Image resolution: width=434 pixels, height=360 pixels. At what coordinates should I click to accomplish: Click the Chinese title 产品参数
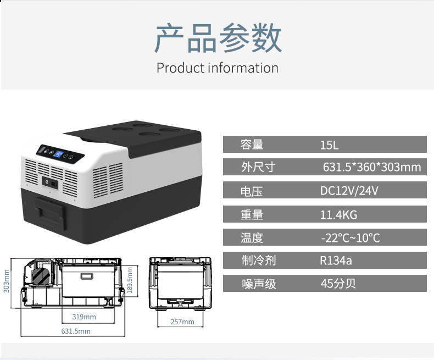tap(218, 38)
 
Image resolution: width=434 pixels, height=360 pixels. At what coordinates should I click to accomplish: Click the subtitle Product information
tap(218, 68)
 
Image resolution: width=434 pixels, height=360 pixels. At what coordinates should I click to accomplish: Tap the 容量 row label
tap(252, 145)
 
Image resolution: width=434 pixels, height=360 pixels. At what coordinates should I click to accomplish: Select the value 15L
tap(330, 145)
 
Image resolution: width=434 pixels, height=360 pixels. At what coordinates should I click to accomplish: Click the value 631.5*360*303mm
tap(372, 167)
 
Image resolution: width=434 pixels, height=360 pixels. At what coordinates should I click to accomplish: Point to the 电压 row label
tap(252, 191)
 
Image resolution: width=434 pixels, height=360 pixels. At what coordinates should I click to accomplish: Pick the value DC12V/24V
tap(349, 191)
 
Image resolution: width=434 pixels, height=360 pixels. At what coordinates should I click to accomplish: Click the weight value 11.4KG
tap(338, 215)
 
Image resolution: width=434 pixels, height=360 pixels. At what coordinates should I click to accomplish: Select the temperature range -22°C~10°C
tap(350, 238)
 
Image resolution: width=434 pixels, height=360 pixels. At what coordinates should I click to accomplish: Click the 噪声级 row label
tap(259, 284)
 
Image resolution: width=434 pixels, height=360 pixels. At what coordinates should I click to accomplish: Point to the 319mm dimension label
tap(84, 317)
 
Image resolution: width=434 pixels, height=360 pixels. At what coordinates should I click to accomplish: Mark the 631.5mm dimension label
tap(76, 331)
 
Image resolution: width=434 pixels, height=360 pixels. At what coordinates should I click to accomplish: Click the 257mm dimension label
tap(182, 322)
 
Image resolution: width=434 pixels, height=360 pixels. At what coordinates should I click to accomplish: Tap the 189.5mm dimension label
tap(130, 281)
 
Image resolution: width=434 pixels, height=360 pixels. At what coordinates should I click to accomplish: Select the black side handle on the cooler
tap(51, 211)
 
